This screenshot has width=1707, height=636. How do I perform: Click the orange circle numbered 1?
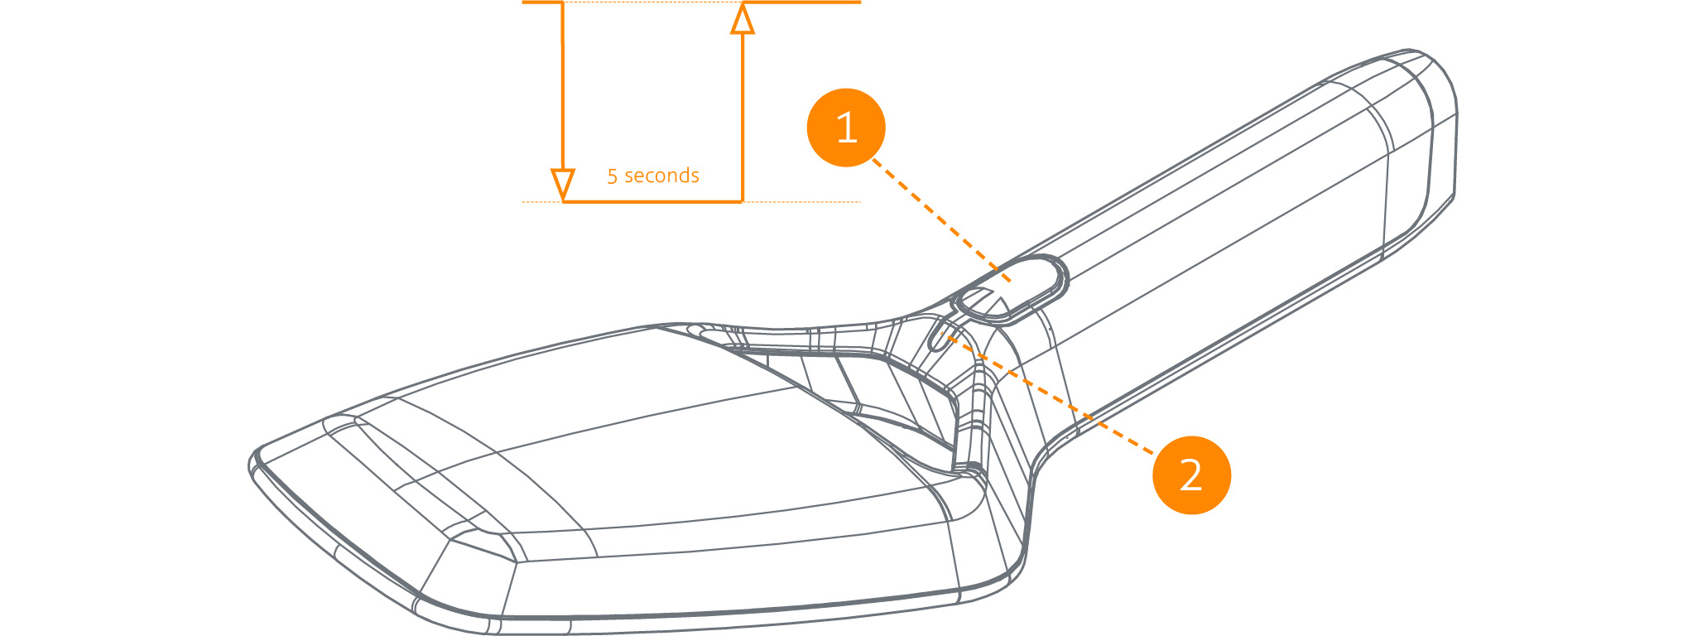(846, 128)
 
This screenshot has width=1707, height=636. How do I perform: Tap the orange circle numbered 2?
(1191, 475)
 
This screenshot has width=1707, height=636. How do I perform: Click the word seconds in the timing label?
(661, 176)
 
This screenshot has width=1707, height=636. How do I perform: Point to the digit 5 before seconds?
(613, 176)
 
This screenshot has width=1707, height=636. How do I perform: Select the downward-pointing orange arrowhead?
(563, 184)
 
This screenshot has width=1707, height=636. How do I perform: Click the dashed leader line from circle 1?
(942, 221)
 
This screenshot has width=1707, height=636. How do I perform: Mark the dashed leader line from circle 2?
(1048, 394)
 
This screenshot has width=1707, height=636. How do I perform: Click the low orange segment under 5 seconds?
(652, 201)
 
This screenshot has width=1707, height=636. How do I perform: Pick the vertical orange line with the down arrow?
(563, 101)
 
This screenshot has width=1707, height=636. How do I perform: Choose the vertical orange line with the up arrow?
(743, 101)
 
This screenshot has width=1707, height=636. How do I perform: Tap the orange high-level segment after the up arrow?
(801, 2)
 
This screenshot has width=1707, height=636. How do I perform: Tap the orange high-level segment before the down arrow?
(543, 2)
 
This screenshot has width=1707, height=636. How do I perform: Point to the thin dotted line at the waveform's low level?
(691, 201)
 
